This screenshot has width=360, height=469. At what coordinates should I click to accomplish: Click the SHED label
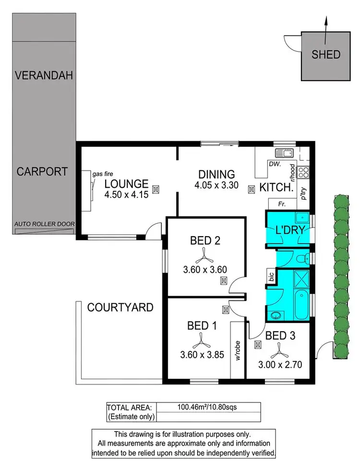(326, 54)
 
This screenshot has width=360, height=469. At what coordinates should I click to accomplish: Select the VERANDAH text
(44, 75)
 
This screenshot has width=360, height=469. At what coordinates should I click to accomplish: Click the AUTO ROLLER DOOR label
(44, 224)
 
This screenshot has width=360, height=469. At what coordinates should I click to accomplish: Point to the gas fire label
(103, 174)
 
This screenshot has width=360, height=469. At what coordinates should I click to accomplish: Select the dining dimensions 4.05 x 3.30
(216, 185)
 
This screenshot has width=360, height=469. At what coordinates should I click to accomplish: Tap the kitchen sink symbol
(285, 154)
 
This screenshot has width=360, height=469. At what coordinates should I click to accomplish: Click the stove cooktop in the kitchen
(303, 171)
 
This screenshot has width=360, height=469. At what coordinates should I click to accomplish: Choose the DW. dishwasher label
(275, 164)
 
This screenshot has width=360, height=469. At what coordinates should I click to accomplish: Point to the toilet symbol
(301, 259)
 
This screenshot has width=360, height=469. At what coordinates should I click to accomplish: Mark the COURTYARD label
(120, 307)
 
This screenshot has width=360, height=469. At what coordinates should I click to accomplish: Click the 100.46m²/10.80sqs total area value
(209, 407)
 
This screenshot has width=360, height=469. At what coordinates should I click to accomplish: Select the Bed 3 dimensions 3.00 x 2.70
(280, 364)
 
